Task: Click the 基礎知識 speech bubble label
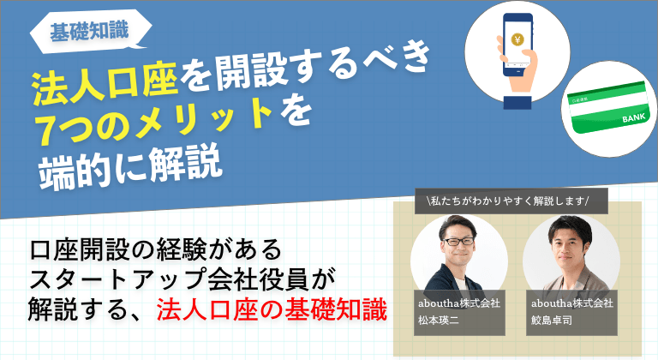point(89,31)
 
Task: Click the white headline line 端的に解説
point(130,166)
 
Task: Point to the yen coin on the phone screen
point(517,39)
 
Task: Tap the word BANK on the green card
point(634,117)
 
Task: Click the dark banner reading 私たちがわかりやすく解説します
point(511,201)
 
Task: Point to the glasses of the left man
point(458,241)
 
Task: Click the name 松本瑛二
point(439,321)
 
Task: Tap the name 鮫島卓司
point(552,321)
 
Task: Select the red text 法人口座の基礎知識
point(272,309)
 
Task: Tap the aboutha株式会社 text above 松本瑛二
point(459,303)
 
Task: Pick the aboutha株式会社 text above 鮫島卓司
point(572,303)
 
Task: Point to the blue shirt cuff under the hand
point(517,103)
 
